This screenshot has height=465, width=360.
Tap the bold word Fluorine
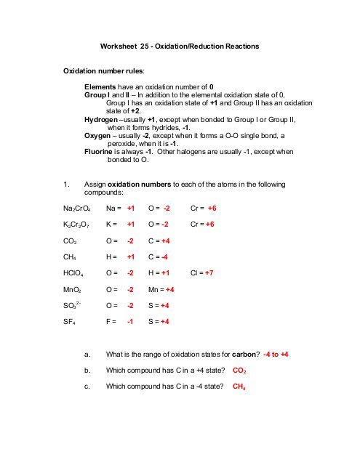tap(100, 151)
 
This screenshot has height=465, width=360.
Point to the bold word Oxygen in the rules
tap(99, 134)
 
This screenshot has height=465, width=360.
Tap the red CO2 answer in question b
tap(239, 371)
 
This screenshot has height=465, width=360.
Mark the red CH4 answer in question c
tap(239, 387)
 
